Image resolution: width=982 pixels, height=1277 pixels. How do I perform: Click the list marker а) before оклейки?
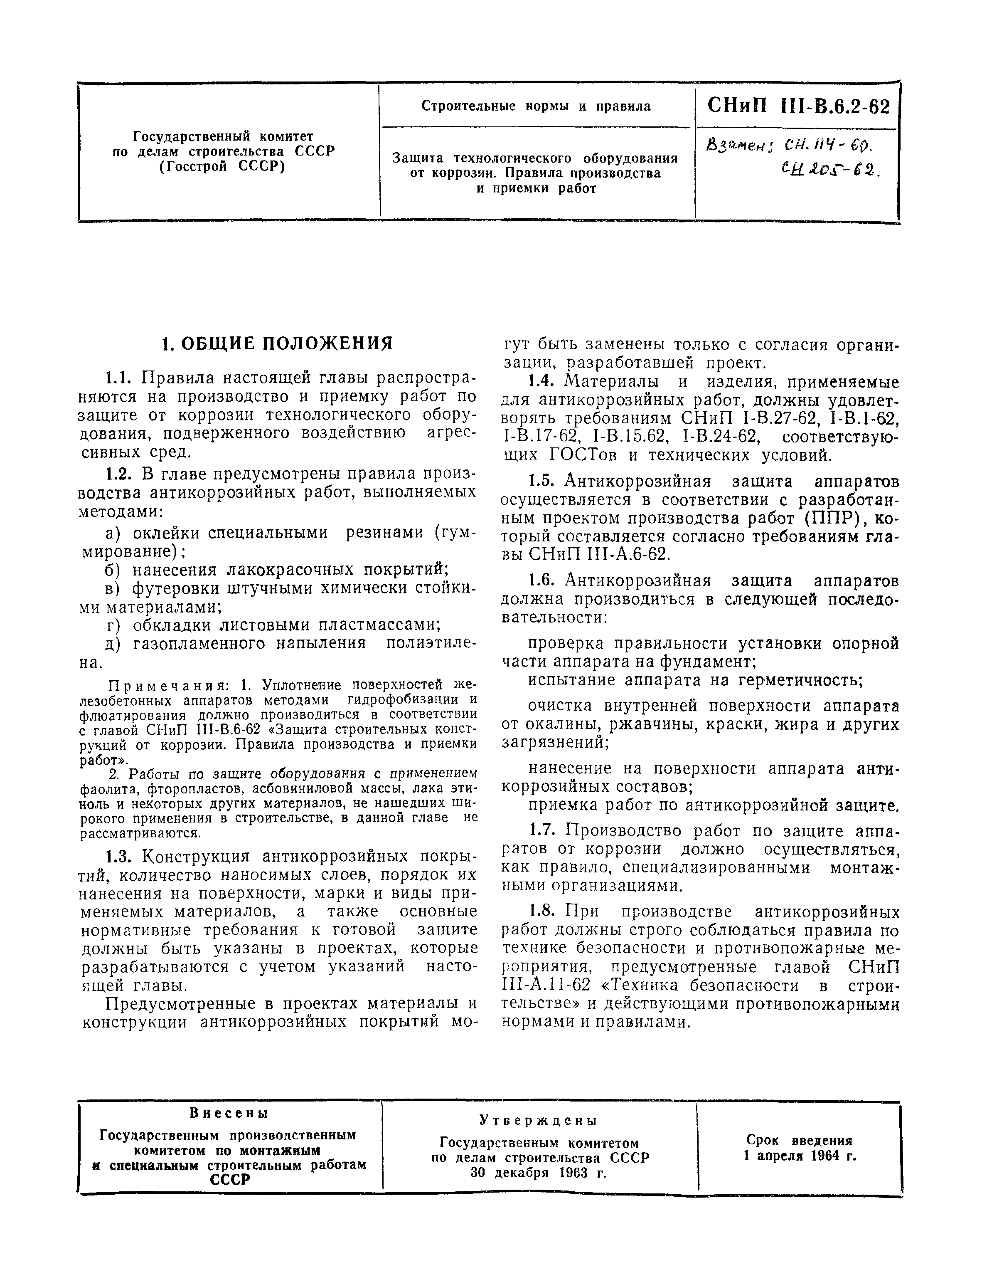(x=113, y=533)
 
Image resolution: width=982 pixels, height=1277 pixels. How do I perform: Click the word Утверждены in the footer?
(x=539, y=1121)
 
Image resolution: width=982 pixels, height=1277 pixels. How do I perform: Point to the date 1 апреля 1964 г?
(x=799, y=1156)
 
